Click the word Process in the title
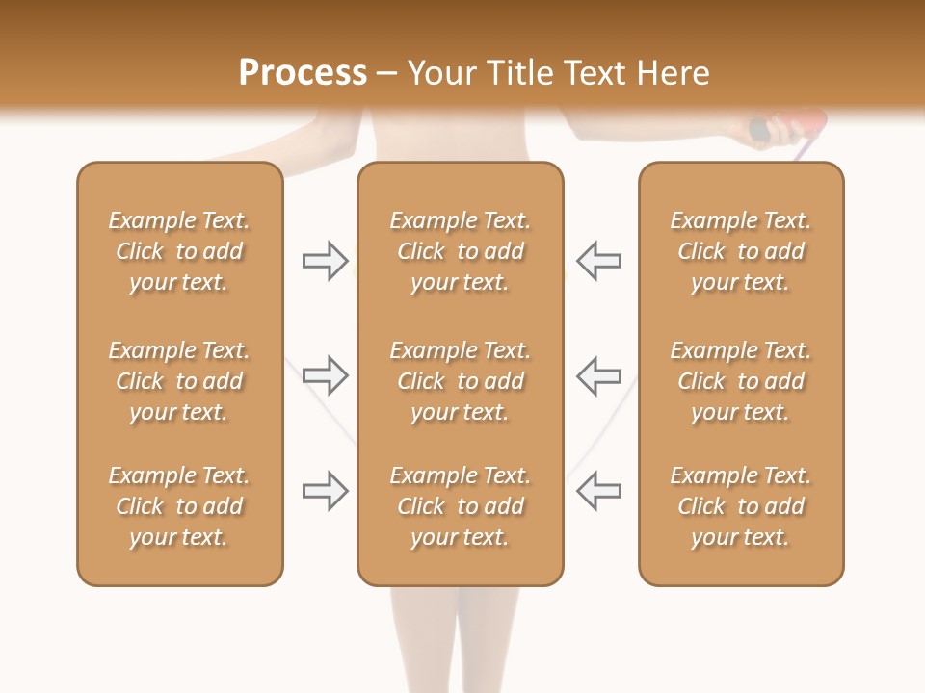click(x=303, y=73)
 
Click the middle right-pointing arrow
click(x=325, y=375)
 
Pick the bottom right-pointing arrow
click(x=325, y=491)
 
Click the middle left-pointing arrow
click(x=599, y=375)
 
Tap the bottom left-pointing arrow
click(x=599, y=491)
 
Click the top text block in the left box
click(x=179, y=251)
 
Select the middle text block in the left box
click(x=179, y=381)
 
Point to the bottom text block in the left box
click(x=179, y=506)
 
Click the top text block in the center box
click(x=460, y=251)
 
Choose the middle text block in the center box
click(x=460, y=381)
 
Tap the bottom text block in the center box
click(x=460, y=506)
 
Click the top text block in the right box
click(x=741, y=251)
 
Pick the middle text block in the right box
click(x=741, y=381)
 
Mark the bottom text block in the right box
click(x=741, y=506)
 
